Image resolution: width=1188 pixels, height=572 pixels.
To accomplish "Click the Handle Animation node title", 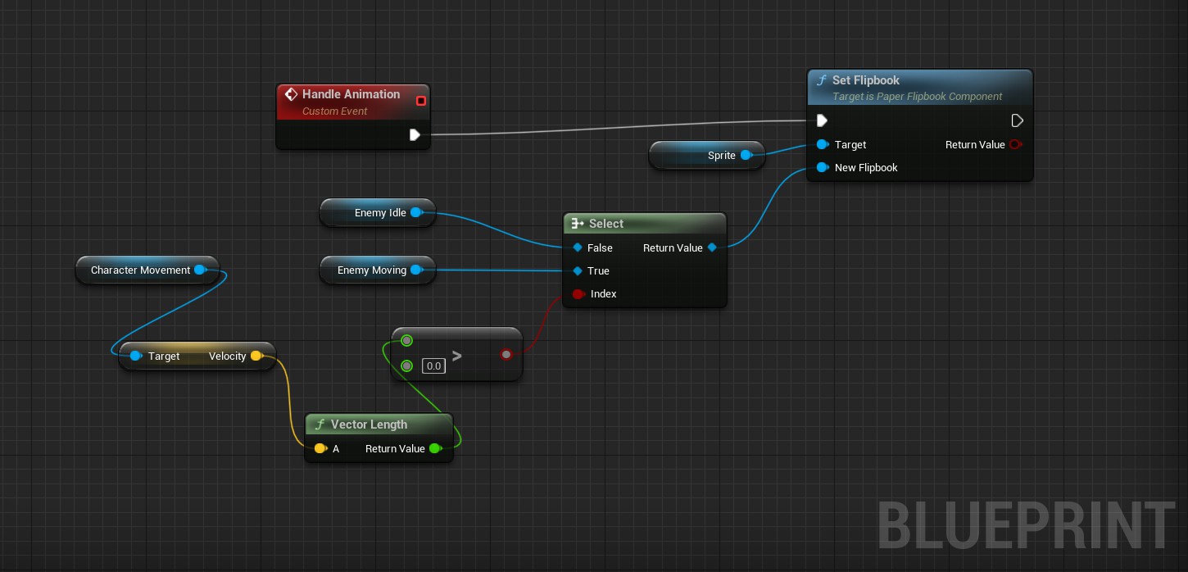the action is pyautogui.click(x=351, y=94).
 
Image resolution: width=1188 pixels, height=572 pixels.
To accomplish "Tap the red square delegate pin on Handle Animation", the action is pyautogui.click(x=421, y=101).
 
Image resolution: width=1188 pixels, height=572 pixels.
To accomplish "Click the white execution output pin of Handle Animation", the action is pyautogui.click(x=415, y=134).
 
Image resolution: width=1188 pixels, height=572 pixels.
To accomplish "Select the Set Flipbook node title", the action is pyautogui.click(x=865, y=80).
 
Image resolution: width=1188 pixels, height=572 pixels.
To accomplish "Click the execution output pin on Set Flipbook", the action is pyautogui.click(x=1017, y=121).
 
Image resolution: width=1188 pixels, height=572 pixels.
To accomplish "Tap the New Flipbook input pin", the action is pyautogui.click(x=822, y=168).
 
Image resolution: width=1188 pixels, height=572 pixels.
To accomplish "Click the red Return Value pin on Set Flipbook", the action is pyautogui.click(x=1015, y=144).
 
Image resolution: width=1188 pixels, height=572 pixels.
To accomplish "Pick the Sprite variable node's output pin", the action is pyautogui.click(x=746, y=155).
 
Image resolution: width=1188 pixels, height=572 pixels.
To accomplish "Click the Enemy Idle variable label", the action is pyautogui.click(x=380, y=213).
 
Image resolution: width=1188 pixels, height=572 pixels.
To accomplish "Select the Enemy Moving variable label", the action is pyautogui.click(x=372, y=270).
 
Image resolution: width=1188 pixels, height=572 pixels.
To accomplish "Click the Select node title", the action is pyautogui.click(x=606, y=224).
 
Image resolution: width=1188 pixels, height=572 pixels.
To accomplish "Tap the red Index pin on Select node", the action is pyautogui.click(x=578, y=294).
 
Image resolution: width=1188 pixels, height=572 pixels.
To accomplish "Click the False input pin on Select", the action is pyautogui.click(x=578, y=247).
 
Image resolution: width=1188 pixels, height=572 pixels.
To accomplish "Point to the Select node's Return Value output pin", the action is pyautogui.click(x=712, y=247).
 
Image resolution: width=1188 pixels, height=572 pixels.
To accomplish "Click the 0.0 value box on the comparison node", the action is pyautogui.click(x=434, y=365).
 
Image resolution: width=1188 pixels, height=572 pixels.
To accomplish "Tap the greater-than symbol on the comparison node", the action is pyautogui.click(x=456, y=356).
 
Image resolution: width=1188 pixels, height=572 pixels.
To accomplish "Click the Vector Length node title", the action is pyautogui.click(x=370, y=424).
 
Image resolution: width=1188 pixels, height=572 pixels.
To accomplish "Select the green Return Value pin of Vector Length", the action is pyautogui.click(x=435, y=448).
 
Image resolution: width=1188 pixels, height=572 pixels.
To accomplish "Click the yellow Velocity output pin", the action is pyautogui.click(x=256, y=356).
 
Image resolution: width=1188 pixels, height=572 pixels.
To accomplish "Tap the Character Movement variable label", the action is pyautogui.click(x=140, y=270).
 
